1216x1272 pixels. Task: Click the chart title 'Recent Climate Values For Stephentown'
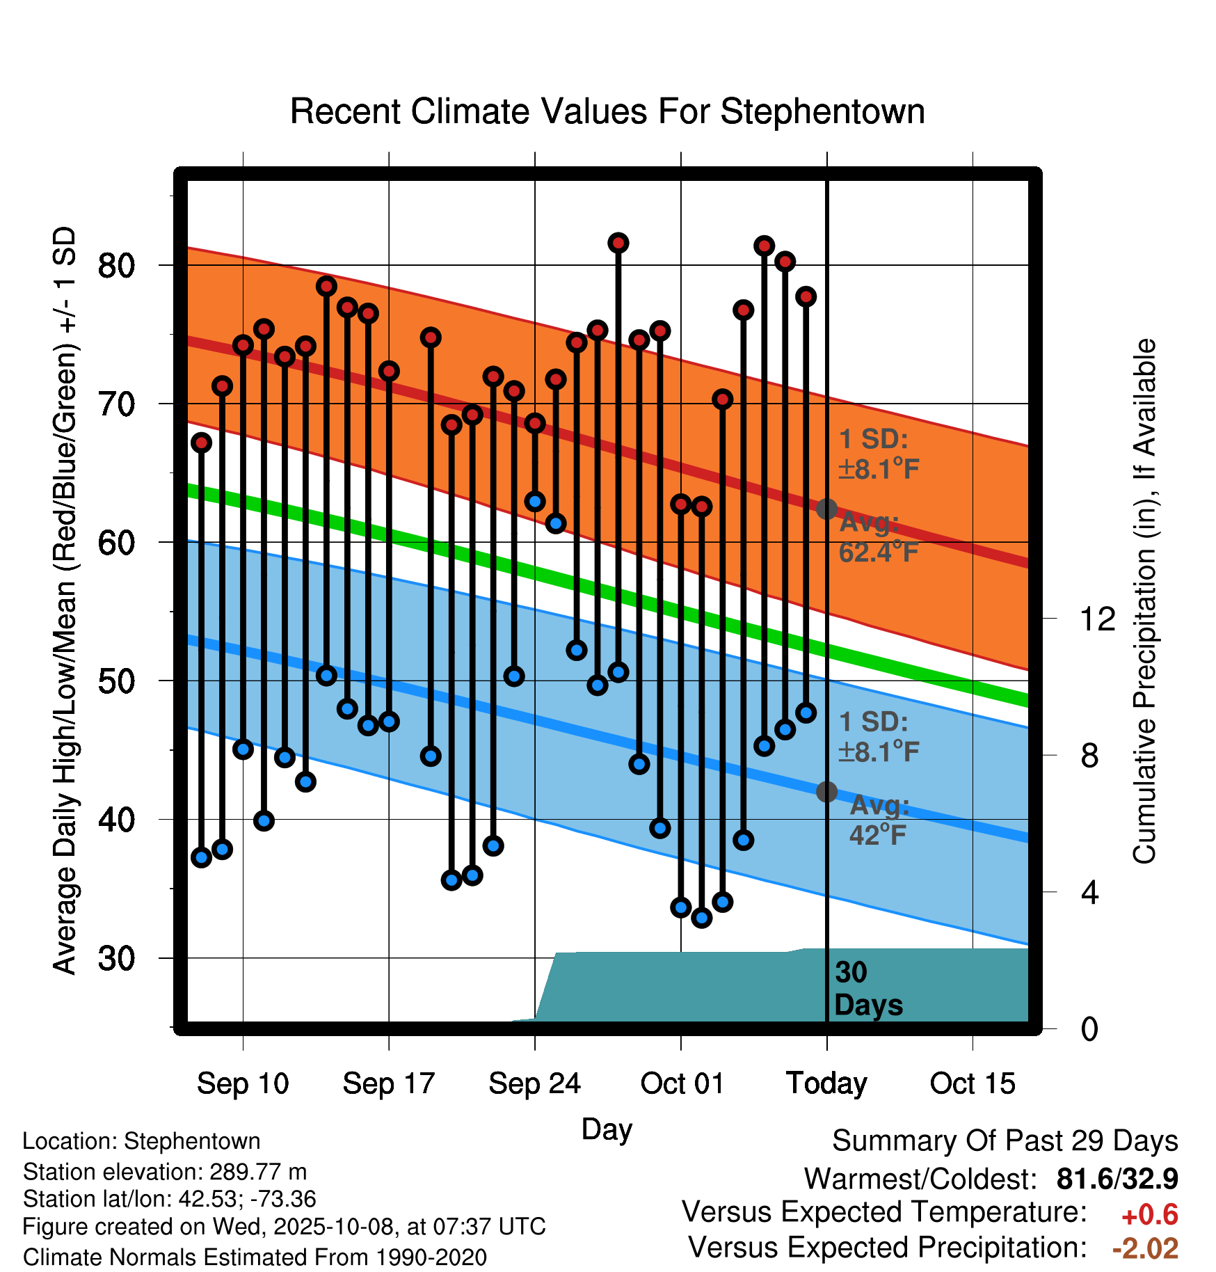(607, 111)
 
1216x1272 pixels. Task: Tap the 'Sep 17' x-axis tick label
(388, 1083)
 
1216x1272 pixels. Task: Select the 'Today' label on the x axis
(826, 1083)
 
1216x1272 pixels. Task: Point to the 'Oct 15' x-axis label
(973, 1083)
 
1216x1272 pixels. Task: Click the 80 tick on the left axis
(116, 265)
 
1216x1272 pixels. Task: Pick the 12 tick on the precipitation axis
(1097, 618)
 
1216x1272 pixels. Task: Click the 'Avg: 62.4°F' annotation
(878, 537)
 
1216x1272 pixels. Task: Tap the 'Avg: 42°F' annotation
(879, 820)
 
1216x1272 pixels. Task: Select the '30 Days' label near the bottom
(868, 989)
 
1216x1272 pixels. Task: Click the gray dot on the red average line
(826, 509)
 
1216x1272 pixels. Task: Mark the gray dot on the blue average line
(826, 791)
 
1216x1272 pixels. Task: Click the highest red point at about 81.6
(618, 243)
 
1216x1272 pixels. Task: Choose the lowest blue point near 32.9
(702, 918)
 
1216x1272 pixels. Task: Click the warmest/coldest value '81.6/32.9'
(1117, 1179)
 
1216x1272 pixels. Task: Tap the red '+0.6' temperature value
(1149, 1215)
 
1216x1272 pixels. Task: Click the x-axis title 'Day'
(607, 1129)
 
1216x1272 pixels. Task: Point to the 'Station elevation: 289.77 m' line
(165, 1172)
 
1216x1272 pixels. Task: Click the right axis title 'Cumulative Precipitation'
(1144, 601)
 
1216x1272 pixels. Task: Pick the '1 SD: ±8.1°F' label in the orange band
(878, 454)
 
